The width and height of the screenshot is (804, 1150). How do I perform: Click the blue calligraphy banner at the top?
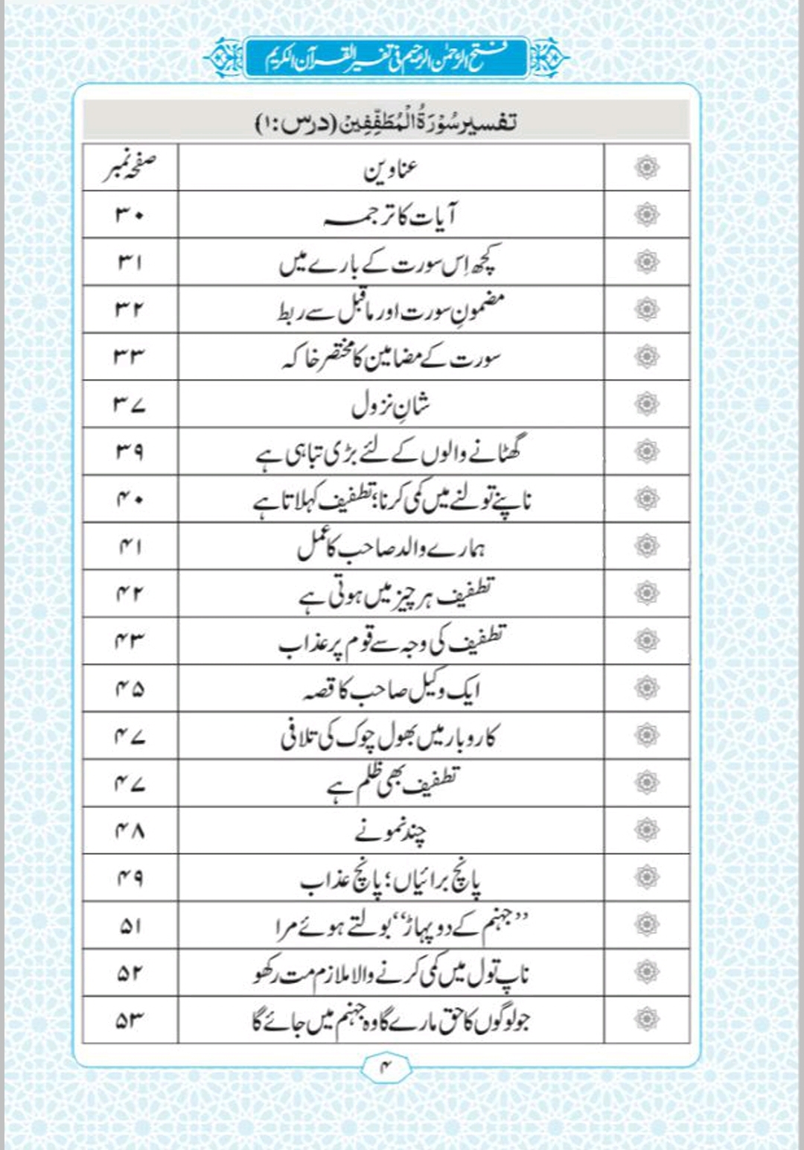coord(386,57)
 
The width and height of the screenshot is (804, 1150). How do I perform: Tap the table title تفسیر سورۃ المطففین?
coord(386,121)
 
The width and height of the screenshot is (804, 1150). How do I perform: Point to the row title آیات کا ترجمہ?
coord(391,216)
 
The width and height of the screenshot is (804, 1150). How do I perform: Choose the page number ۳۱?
coord(130,263)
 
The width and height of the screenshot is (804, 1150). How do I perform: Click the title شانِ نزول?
coord(391,405)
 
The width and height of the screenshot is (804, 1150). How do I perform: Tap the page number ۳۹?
coord(130,452)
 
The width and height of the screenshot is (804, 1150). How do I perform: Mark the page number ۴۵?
coord(130,689)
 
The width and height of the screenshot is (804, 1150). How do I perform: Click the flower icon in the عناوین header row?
coord(647,168)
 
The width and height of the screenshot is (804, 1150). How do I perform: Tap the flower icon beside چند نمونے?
coord(647,830)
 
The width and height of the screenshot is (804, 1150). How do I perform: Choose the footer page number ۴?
coord(386,1067)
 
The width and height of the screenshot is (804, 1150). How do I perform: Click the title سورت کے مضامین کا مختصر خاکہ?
coord(391,358)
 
